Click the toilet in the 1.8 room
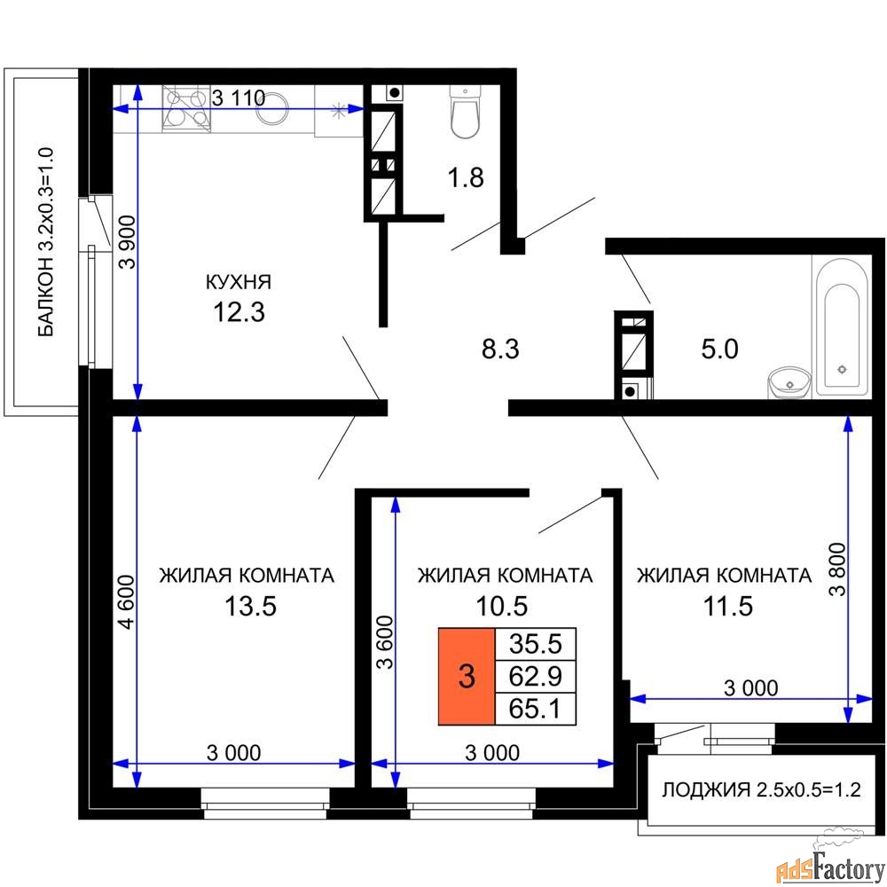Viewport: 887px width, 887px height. pos(465,113)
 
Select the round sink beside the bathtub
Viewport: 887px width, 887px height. pos(788,382)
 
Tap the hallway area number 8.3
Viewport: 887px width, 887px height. pos(499,349)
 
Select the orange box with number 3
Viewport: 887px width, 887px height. pos(466,677)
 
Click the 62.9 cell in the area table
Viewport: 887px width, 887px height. pos(536,676)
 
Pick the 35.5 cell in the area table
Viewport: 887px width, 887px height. pos(536,644)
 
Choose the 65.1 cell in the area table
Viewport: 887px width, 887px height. pos(536,708)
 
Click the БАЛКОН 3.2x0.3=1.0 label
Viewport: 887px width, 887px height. pos(47,241)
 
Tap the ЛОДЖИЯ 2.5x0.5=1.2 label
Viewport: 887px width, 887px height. pos(763,789)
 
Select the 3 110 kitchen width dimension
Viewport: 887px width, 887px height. pos(238,98)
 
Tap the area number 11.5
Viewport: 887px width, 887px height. pos(723,607)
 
